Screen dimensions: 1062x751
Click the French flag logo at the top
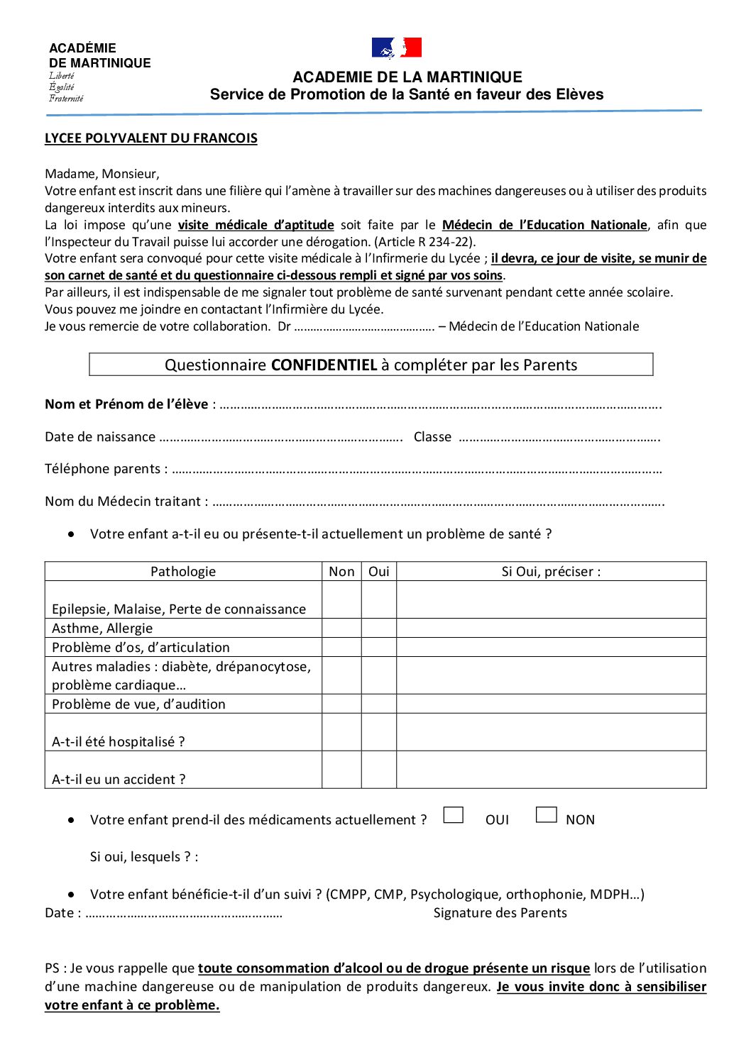[x=397, y=48]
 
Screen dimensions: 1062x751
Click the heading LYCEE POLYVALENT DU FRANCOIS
[x=150, y=138]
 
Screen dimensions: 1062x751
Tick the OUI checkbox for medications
[x=453, y=815]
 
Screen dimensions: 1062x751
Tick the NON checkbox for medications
[x=546, y=815]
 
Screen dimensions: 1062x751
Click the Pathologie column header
[x=183, y=572]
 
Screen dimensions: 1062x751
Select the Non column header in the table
[x=341, y=572]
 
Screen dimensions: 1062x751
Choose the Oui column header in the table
[x=379, y=572]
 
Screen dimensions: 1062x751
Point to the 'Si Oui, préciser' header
[x=551, y=572]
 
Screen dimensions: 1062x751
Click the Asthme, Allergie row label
[x=102, y=629]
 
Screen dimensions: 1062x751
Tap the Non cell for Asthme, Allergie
[x=341, y=629]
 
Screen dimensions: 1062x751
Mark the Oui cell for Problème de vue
[x=379, y=704]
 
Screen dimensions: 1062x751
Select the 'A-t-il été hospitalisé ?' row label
[x=118, y=741]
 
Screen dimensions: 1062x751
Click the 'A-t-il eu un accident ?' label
[x=119, y=779]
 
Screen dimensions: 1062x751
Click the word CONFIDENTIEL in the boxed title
[x=324, y=365]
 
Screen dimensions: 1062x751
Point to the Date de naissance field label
[x=100, y=437]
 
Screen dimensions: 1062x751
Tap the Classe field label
[x=432, y=437]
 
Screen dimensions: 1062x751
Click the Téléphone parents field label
[x=106, y=469]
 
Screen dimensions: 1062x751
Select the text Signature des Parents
[x=500, y=913]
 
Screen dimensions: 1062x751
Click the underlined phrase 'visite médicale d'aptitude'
[x=256, y=225]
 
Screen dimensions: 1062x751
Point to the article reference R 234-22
[x=445, y=242]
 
